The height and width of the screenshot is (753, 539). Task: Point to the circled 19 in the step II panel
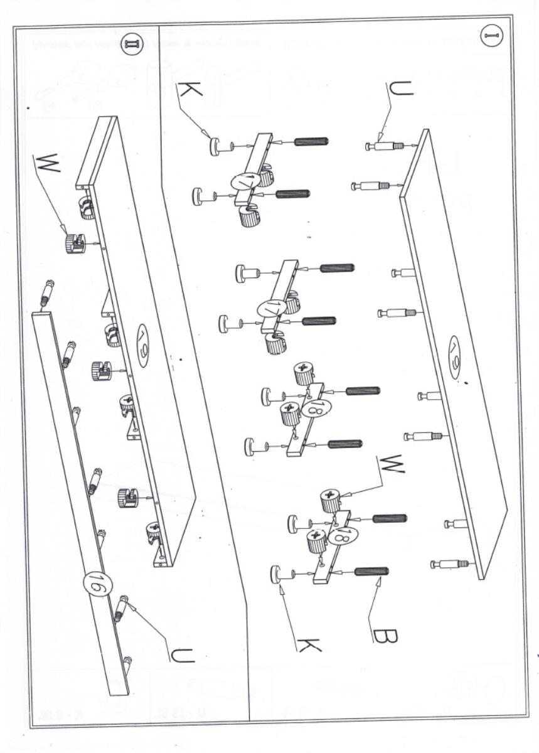click(142, 342)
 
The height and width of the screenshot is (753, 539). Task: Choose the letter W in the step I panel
click(391, 463)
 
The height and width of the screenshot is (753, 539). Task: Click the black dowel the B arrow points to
click(371, 572)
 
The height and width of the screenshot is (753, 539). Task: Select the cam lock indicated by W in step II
click(74, 242)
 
